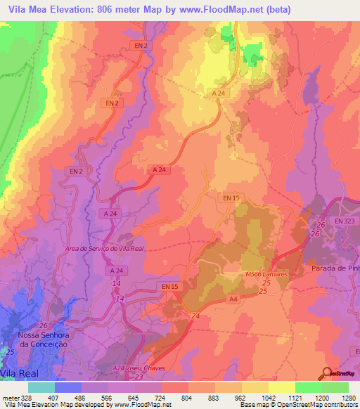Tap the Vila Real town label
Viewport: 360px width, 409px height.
click(19, 372)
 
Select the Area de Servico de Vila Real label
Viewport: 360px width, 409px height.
click(104, 249)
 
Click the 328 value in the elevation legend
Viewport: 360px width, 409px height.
click(20, 398)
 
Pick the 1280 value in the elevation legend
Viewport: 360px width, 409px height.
click(349, 398)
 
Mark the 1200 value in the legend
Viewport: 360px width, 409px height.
click(323, 398)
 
